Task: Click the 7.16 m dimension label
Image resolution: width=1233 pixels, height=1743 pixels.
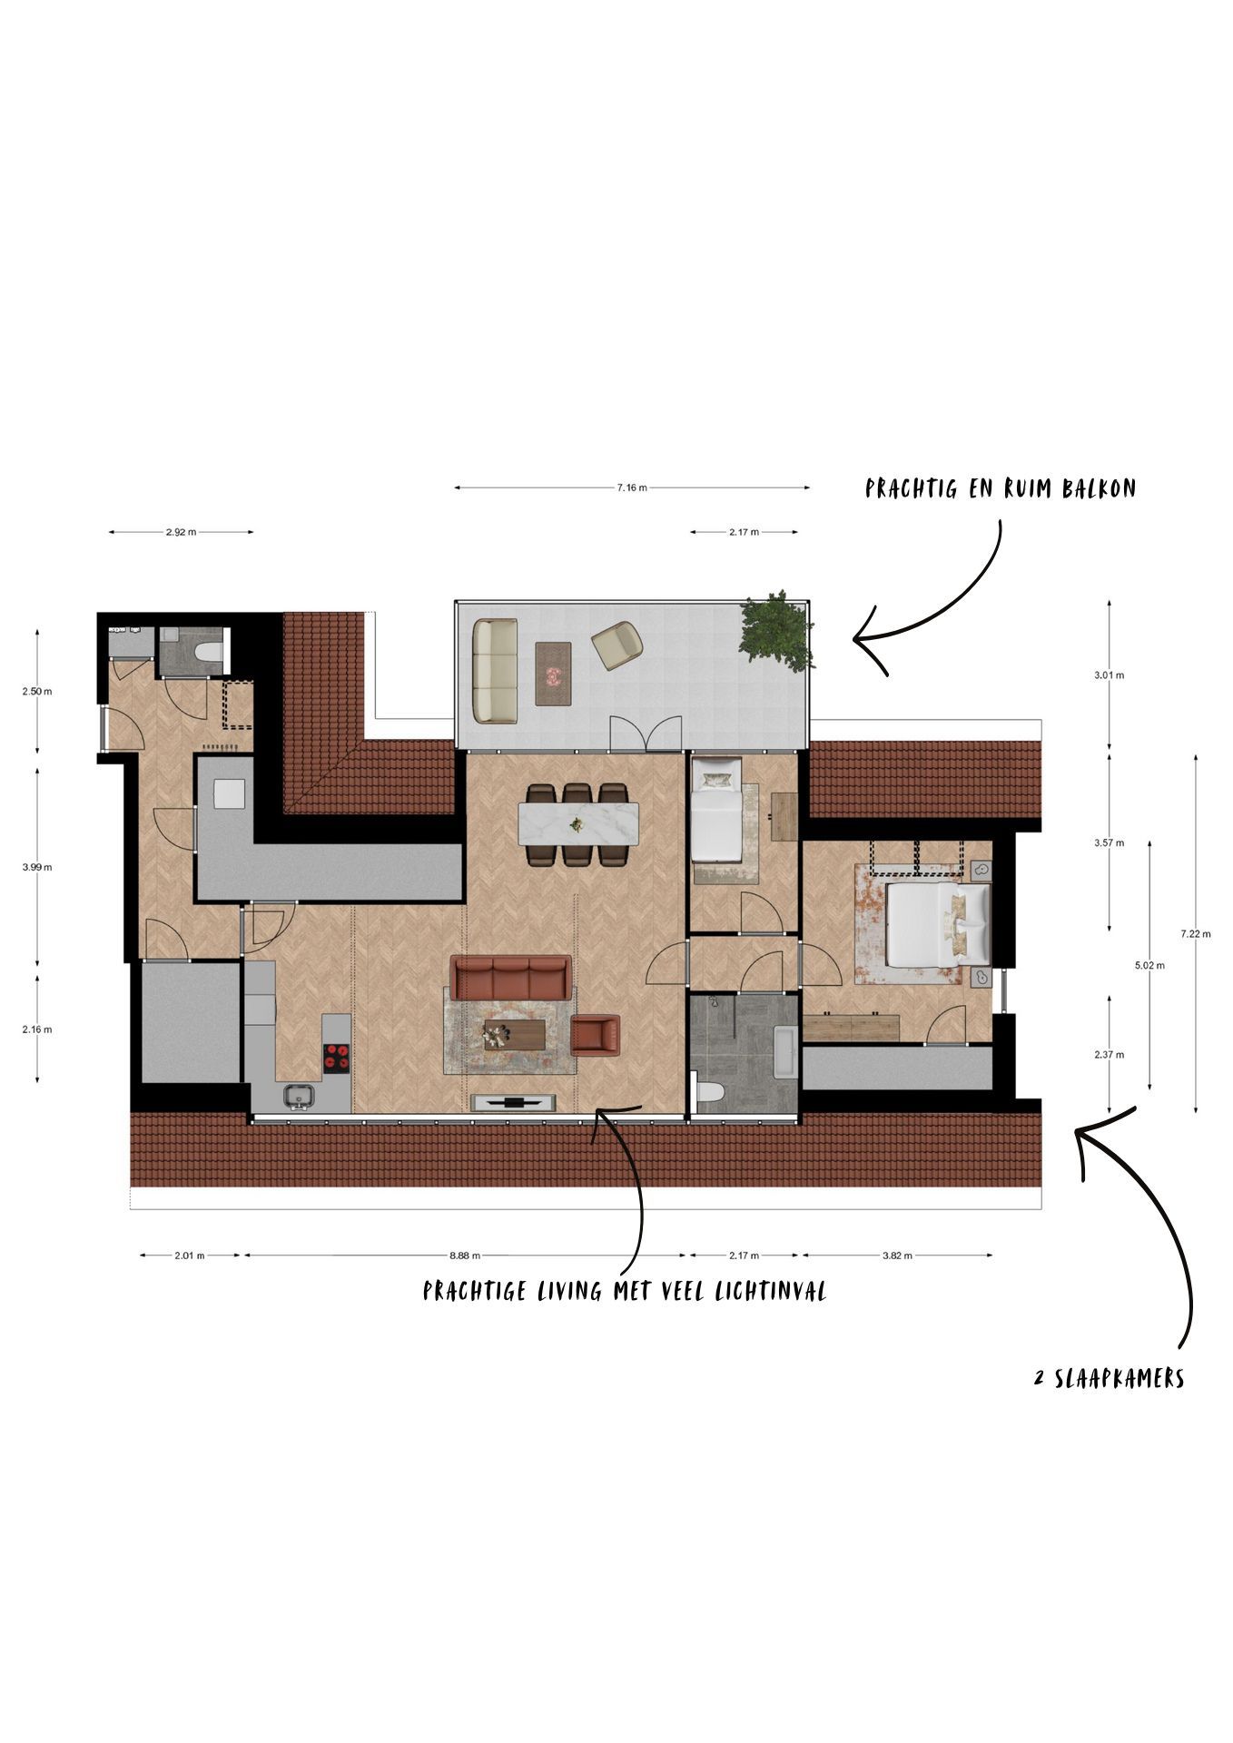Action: pos(631,487)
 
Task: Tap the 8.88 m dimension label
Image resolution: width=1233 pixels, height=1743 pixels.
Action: pos(464,1256)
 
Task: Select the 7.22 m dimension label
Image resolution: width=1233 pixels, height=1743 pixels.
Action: pos(1195,933)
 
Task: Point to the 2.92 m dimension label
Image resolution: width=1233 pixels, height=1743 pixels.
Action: pos(181,532)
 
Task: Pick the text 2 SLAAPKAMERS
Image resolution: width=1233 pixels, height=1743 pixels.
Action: pos(1109,1379)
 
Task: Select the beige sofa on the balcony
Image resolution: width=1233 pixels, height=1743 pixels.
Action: pos(495,671)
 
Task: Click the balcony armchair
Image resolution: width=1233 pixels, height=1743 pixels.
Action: pos(617,645)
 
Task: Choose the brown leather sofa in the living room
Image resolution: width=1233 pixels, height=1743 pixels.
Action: pos(511,978)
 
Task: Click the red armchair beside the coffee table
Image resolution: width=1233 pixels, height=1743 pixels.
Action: pos(596,1035)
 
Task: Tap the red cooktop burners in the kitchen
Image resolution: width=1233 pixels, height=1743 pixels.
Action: pos(336,1057)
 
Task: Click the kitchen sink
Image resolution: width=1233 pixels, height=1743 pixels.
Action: pos(298,1098)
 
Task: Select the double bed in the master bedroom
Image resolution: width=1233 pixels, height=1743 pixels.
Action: pos(935,924)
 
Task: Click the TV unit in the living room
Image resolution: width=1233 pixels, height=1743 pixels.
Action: pos(515,1102)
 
